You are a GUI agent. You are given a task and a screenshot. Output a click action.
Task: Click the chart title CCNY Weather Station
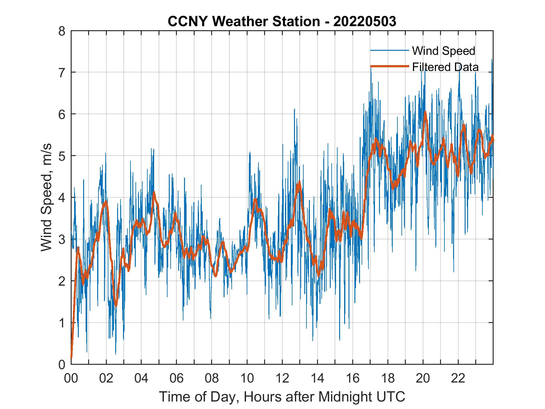pos(244,21)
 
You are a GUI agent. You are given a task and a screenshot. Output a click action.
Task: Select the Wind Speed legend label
pos(443,51)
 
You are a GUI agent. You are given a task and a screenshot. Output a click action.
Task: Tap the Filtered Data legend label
pos(445,67)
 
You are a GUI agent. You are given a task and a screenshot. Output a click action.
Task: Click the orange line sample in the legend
pos(389,66)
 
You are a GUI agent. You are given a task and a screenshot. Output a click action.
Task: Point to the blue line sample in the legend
pos(389,50)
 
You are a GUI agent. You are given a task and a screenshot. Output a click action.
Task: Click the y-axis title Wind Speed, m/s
pos(47,197)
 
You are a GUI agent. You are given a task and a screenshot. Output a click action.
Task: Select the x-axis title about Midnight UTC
pos(282,397)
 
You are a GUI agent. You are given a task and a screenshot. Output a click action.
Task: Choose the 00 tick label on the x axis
pos(71,378)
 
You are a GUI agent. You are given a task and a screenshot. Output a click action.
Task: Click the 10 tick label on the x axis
pos(247,378)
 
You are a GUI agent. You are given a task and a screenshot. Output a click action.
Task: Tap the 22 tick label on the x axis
pos(458,378)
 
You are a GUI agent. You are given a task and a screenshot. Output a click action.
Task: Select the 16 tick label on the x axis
pos(353,378)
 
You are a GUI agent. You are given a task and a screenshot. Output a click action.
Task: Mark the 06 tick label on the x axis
pos(177,378)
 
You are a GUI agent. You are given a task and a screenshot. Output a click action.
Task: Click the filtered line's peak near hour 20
pos(425,112)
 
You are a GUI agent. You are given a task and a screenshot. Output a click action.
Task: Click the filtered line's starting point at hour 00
pos(71,358)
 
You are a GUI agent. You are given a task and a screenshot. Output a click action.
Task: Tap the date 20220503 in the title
pos(365,21)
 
